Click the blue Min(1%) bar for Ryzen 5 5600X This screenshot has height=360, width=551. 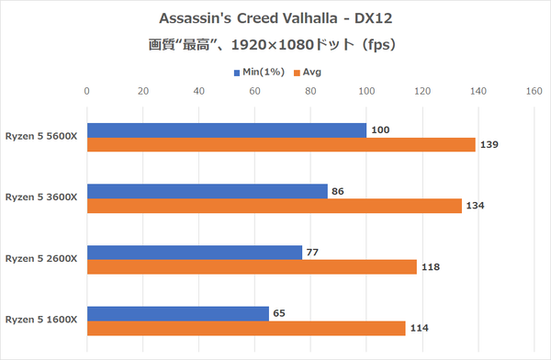point(226,130)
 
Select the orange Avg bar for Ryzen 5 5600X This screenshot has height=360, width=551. point(281,145)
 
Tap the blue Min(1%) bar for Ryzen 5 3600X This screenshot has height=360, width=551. point(207,191)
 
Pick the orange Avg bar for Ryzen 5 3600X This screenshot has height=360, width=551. point(274,206)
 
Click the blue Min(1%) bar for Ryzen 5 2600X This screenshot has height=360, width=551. point(194,253)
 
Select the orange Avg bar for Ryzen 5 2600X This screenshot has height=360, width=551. point(252,267)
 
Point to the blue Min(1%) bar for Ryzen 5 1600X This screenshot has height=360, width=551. point(177,313)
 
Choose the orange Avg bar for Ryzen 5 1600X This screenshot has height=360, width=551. point(246,328)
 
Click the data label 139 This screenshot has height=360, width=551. point(490,145)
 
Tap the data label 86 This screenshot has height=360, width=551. point(340,191)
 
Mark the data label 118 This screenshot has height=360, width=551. point(431,267)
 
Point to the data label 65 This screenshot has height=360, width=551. point(281,313)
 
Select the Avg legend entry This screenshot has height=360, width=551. point(307,71)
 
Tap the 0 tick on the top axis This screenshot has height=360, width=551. point(86,91)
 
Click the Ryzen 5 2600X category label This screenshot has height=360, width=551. point(42,258)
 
